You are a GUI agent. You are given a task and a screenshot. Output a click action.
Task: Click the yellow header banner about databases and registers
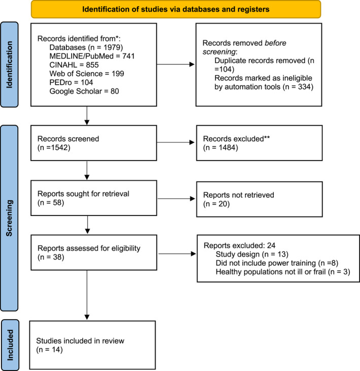pos(176,9)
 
